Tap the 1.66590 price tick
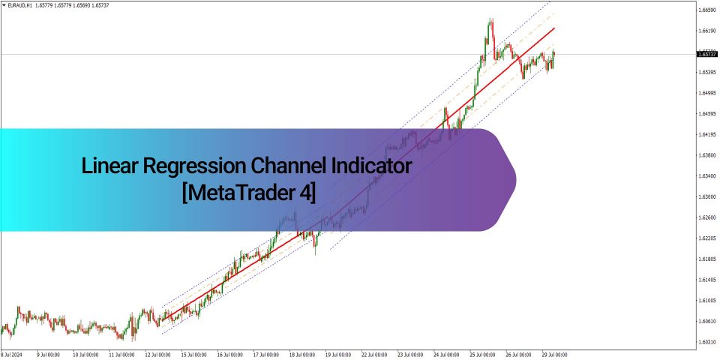click(x=706, y=10)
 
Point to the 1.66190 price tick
click(x=706, y=31)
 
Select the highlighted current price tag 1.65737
click(x=706, y=54)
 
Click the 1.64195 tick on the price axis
click(x=706, y=134)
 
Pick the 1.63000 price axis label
click(x=706, y=196)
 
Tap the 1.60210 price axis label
click(x=706, y=342)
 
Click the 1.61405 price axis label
click(x=706, y=280)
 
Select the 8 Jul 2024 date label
click(x=12, y=353)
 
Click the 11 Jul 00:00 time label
click(x=121, y=353)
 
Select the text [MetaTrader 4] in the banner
click(x=248, y=192)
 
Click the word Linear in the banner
click(x=107, y=166)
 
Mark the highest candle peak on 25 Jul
click(x=491, y=19)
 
